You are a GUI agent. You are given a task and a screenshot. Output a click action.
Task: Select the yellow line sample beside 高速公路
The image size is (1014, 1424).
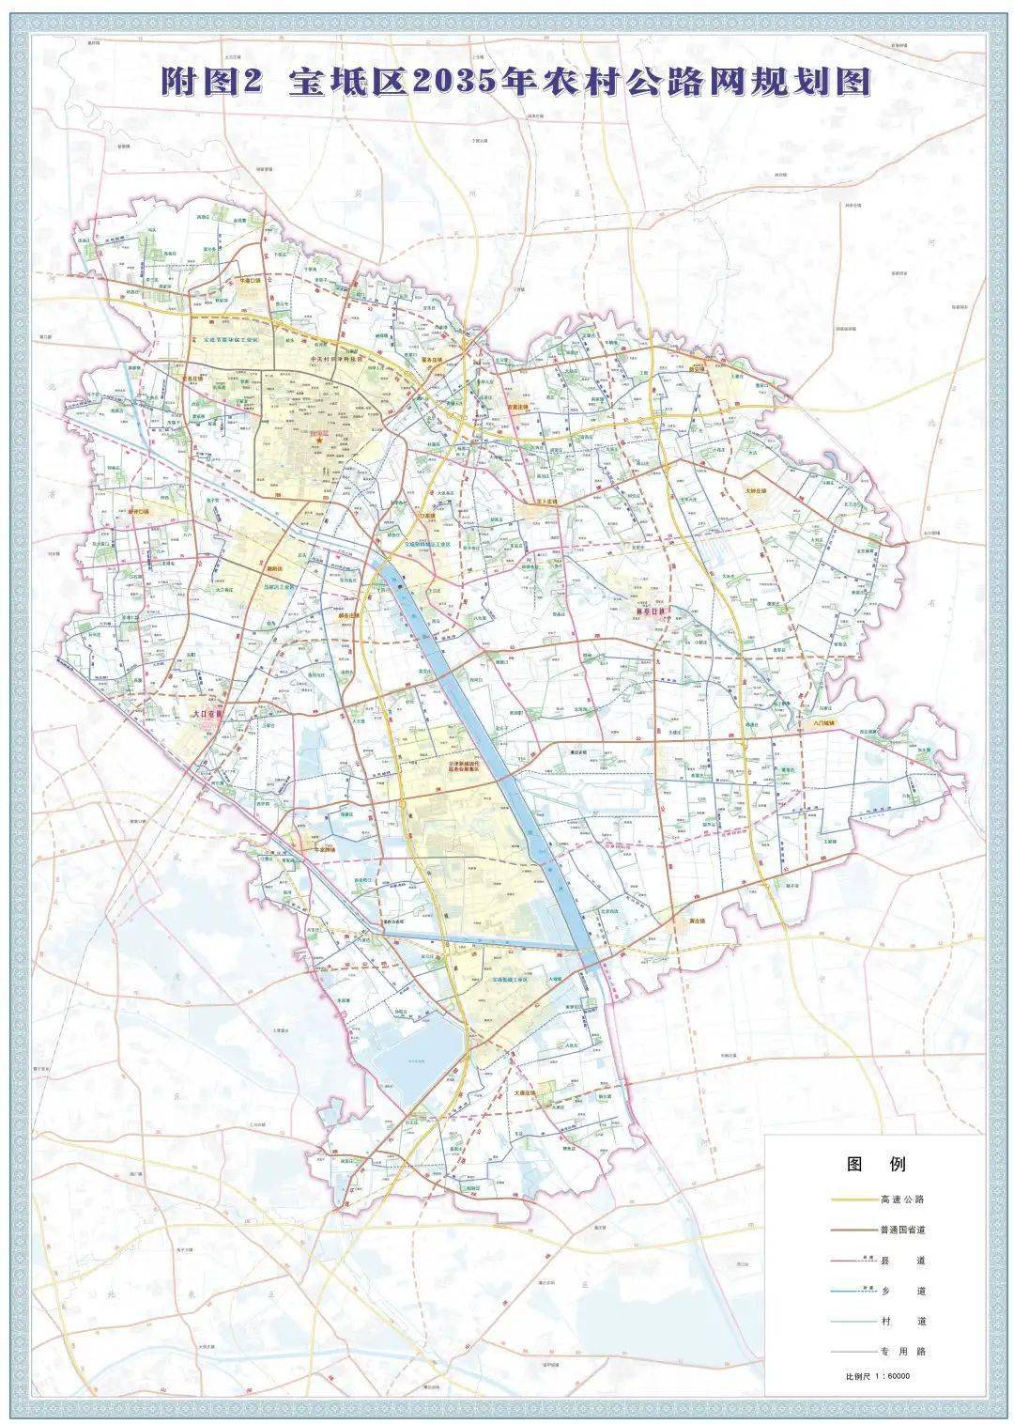[x=852, y=1200]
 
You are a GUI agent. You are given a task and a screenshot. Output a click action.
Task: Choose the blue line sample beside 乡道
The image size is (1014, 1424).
[x=852, y=1292]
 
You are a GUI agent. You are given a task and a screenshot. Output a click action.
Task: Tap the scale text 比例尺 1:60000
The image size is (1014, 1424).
[x=878, y=1377]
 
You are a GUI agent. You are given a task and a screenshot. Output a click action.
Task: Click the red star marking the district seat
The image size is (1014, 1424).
[x=319, y=439]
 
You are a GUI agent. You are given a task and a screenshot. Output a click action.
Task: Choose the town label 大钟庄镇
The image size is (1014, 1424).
[x=752, y=490]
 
